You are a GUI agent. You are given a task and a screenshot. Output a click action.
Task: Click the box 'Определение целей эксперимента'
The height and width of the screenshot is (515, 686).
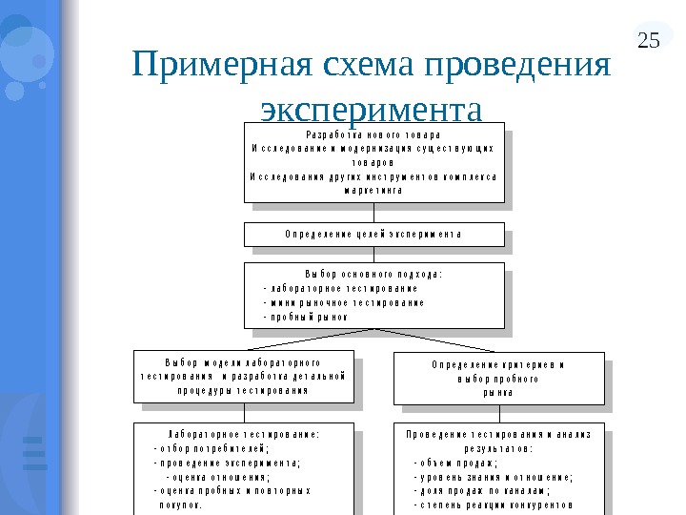click(x=373, y=234)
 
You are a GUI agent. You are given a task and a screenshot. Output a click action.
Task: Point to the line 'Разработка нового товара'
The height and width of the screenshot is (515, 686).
click(x=373, y=134)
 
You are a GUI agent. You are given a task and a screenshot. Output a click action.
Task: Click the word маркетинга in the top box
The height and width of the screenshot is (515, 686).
click(x=373, y=190)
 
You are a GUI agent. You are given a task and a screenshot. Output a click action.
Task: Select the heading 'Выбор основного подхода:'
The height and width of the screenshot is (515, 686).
click(x=373, y=274)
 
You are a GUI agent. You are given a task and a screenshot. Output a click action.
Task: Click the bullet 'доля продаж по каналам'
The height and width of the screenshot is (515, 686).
click(x=482, y=490)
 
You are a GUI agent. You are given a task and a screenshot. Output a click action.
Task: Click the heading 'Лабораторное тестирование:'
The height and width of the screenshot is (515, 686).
click(x=244, y=433)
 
